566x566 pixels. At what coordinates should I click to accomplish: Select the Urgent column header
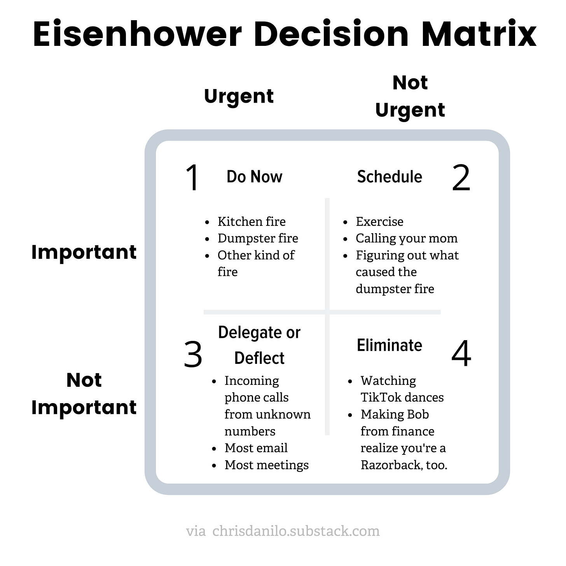(239, 96)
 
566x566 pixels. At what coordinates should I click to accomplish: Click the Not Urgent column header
(410, 96)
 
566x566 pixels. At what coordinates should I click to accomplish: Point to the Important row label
(84, 252)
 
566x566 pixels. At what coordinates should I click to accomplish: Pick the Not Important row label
(84, 393)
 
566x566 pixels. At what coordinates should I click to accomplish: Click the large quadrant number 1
(192, 178)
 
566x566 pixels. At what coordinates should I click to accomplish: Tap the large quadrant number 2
(461, 178)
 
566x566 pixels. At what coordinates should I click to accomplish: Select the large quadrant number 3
(193, 354)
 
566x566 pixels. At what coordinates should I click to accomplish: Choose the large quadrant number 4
(461, 354)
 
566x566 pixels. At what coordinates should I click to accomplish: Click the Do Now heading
(254, 176)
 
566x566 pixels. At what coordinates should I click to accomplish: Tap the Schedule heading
(390, 176)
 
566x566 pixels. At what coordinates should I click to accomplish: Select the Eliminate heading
(390, 345)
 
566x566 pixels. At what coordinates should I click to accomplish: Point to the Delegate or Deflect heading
(259, 345)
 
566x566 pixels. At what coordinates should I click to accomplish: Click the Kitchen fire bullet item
(252, 222)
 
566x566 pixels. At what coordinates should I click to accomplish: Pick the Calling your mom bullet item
(406, 238)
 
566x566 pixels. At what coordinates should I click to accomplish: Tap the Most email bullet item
(256, 448)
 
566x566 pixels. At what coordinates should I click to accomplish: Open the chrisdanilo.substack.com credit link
(296, 531)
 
